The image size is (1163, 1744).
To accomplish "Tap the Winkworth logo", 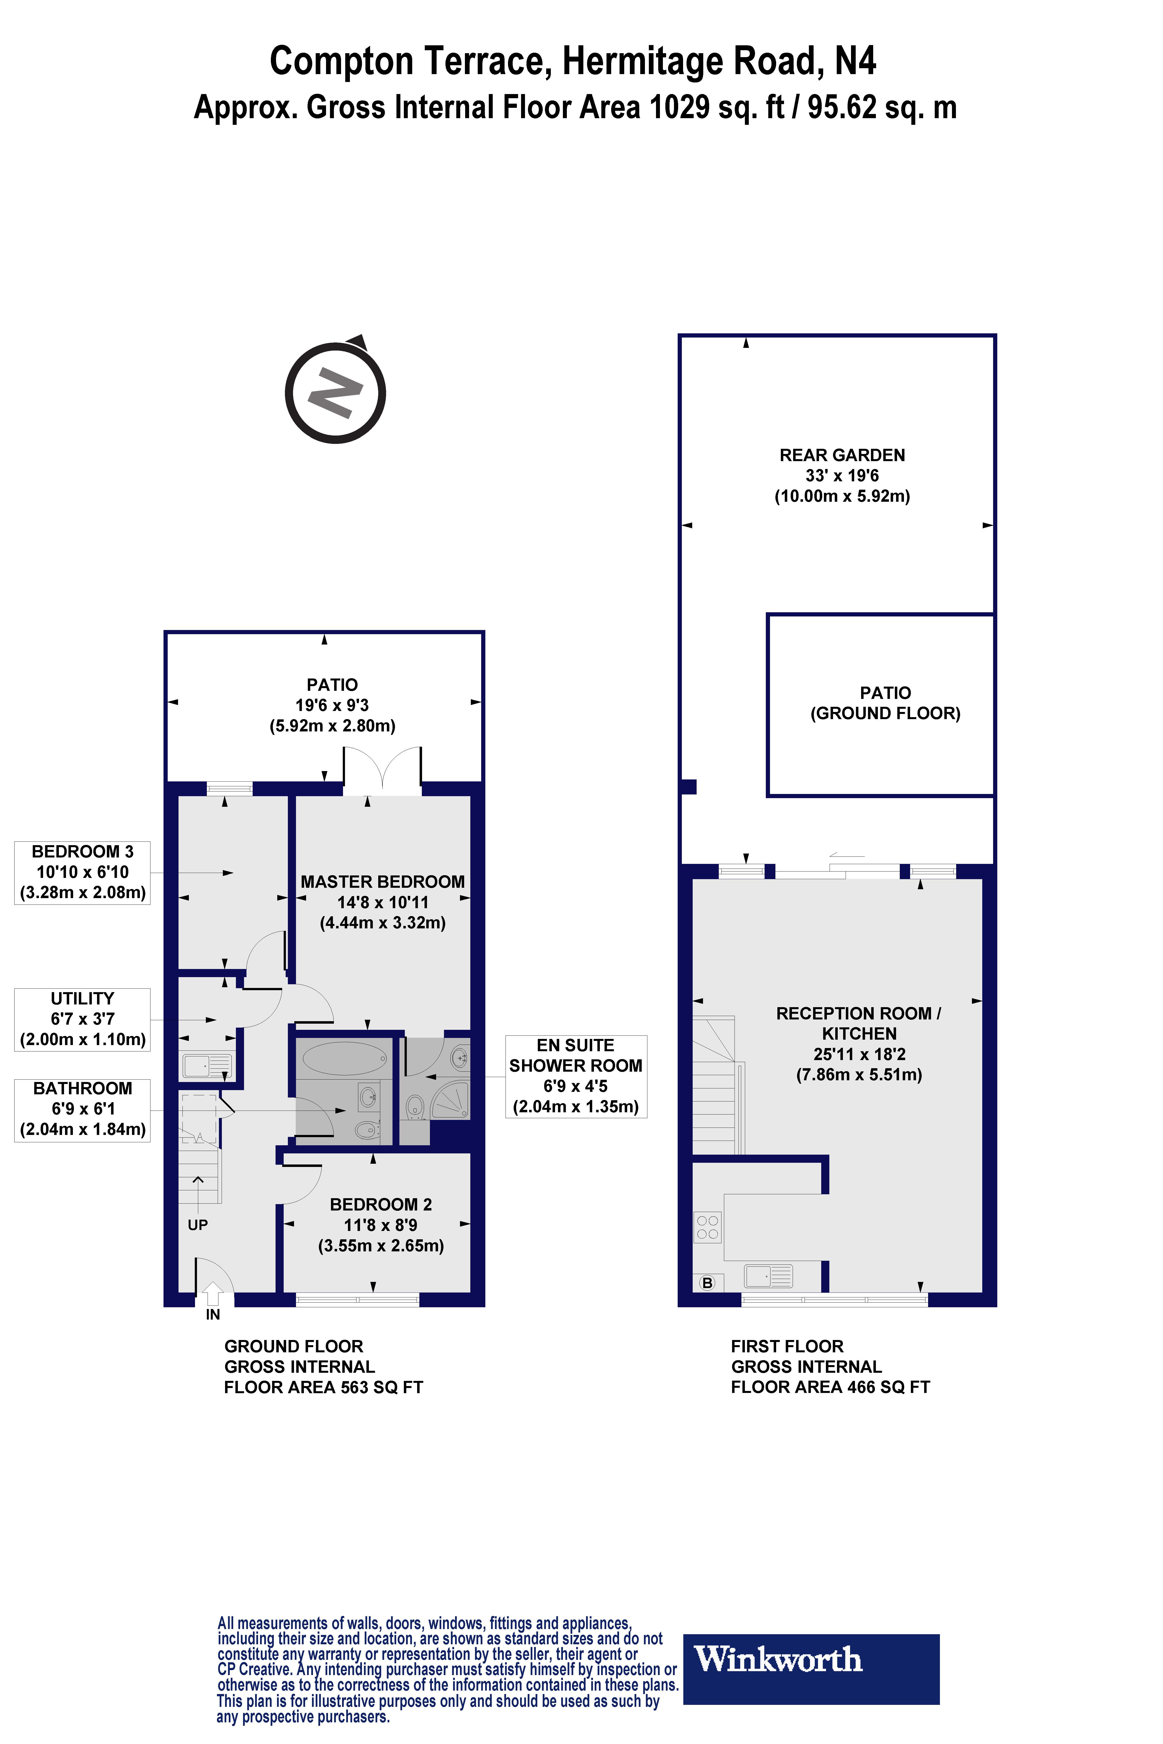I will pos(811,1659).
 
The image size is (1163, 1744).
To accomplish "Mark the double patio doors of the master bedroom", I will pos(382,771).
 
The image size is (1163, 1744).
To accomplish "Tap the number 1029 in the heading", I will pos(679,108).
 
